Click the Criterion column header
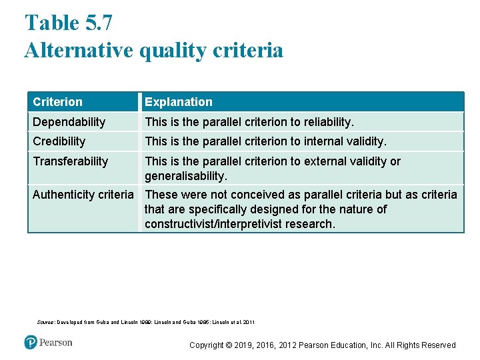point(58,102)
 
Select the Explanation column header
point(179,102)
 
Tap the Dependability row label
point(69,122)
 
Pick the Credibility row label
point(59,141)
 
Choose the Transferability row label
point(70,161)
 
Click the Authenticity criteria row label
point(83,195)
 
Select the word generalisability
point(185,177)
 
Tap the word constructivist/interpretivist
point(213,224)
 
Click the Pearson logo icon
point(31,343)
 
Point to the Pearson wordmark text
point(55,343)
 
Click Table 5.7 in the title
point(69,23)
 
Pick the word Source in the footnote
point(45,323)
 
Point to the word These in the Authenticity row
point(161,195)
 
